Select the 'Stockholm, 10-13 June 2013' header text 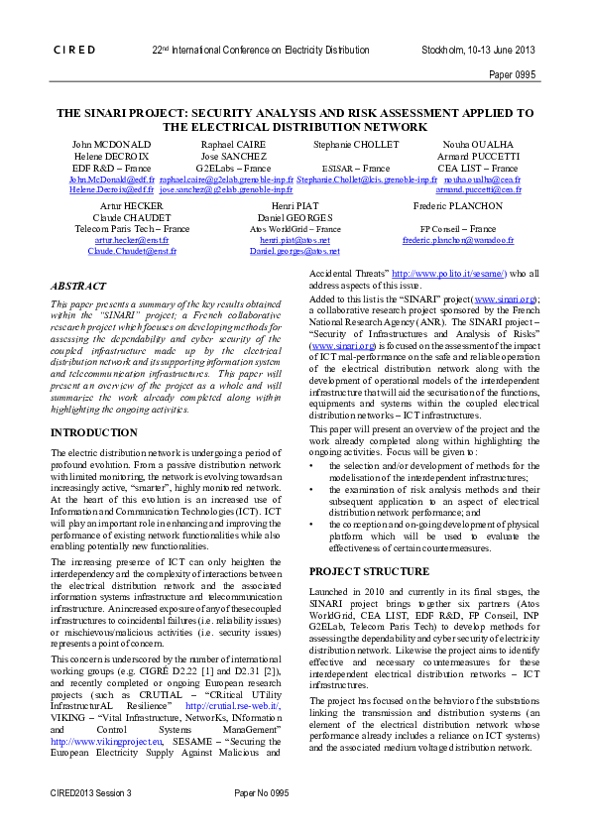(x=479, y=49)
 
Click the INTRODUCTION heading (x=93, y=433)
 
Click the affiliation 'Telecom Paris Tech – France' (x=118, y=229)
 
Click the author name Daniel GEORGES (x=295, y=217)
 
